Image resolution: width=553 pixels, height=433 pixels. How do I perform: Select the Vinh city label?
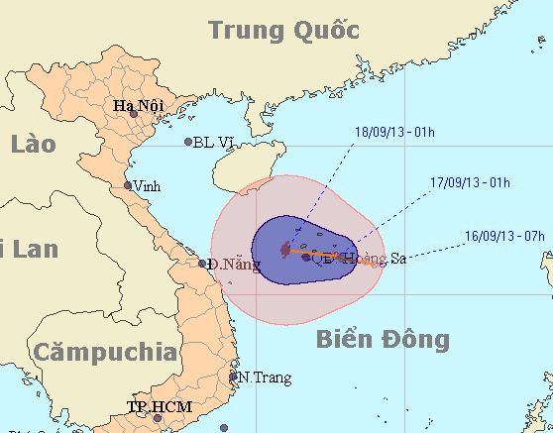pyautogui.click(x=148, y=185)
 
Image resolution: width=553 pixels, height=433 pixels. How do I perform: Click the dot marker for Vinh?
pyautogui.click(x=127, y=185)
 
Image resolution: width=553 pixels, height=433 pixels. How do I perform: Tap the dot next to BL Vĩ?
pyautogui.click(x=188, y=142)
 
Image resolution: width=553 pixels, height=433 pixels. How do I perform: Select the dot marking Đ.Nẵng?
pyautogui.click(x=202, y=264)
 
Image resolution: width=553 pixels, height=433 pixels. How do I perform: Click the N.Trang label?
pyautogui.click(x=260, y=377)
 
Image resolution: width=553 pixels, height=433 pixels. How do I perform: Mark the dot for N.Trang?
pyautogui.click(x=234, y=377)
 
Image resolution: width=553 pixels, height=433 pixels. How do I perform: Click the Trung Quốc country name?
pyautogui.click(x=282, y=31)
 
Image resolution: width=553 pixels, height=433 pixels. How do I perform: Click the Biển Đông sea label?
pyautogui.click(x=383, y=340)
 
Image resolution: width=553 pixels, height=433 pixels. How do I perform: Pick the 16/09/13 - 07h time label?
pyautogui.click(x=503, y=237)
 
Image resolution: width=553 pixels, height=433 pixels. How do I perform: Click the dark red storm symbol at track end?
pyautogui.click(x=284, y=251)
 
